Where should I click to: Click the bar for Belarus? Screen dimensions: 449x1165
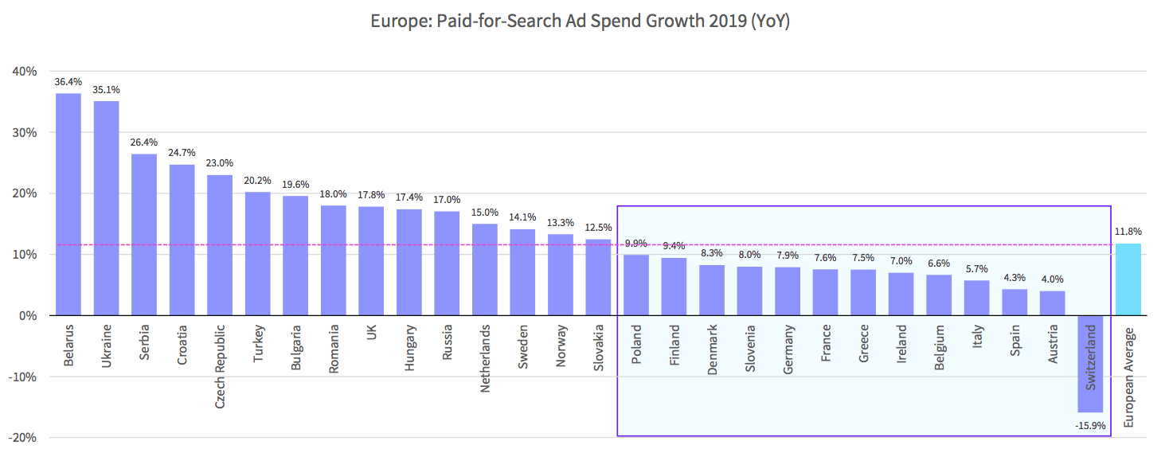tap(68, 205)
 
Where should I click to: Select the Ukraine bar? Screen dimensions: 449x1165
tap(106, 209)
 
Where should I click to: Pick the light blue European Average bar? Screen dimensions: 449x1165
tap(1128, 279)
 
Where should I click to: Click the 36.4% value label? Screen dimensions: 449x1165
tap(68, 81)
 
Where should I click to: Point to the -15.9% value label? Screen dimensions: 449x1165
tap(1090, 426)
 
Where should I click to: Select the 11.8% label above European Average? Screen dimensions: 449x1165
tap(1128, 232)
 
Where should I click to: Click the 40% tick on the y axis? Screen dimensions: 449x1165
tap(25, 72)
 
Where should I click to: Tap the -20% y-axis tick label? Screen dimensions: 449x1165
tap(22, 438)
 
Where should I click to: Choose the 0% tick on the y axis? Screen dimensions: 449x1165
tap(28, 316)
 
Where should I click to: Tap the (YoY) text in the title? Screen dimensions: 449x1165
tap(770, 21)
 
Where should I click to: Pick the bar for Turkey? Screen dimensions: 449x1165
tap(258, 254)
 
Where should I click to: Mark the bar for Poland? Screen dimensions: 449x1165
tap(636, 285)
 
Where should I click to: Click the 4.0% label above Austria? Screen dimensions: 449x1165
tap(1052, 279)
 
